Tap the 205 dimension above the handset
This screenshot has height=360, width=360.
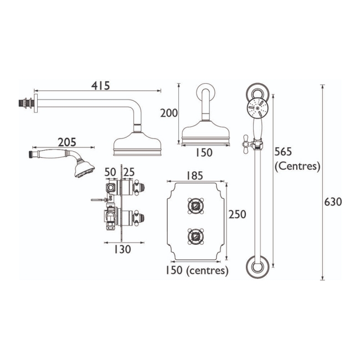click(66, 142)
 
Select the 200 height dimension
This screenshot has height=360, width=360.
click(168, 114)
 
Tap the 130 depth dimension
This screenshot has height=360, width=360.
click(122, 249)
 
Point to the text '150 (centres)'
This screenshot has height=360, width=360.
click(197, 270)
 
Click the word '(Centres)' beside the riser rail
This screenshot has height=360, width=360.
click(297, 165)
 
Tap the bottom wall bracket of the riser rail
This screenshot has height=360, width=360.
click(258, 268)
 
